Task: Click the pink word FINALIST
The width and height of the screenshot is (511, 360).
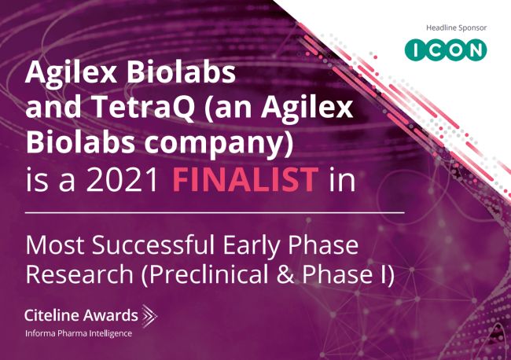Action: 245,179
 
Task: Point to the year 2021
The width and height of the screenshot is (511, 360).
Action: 122,179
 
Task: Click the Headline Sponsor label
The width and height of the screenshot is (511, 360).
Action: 456,28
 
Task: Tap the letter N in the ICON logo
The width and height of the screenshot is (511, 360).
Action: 475,50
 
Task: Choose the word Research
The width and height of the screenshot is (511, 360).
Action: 79,274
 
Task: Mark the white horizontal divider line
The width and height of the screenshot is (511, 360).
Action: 215,213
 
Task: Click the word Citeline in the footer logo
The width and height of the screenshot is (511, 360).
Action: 51,315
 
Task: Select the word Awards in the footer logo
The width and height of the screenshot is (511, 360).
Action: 110,315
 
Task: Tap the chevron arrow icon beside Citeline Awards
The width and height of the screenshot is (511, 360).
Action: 149,315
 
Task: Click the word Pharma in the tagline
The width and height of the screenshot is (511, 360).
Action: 72,333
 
